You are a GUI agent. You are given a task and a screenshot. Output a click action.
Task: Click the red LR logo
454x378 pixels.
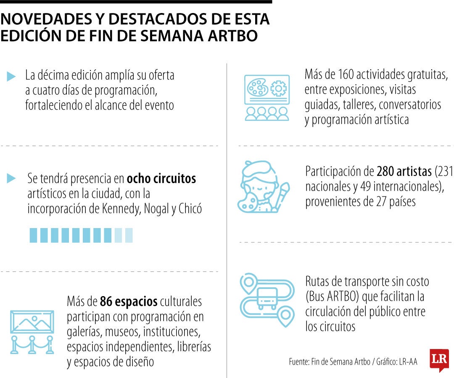pos(439,360)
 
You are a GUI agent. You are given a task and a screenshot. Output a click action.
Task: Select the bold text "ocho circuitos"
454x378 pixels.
pos(161,178)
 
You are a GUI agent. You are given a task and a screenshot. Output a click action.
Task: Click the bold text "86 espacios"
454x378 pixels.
pos(129,301)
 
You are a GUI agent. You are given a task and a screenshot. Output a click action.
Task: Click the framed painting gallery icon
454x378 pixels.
pos(32,328)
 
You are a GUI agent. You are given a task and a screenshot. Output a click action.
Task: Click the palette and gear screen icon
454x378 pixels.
pos(267,97)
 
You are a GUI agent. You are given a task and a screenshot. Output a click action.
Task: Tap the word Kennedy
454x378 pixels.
pos(121,209)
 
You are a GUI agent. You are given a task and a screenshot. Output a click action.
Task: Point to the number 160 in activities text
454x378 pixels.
pos(346,75)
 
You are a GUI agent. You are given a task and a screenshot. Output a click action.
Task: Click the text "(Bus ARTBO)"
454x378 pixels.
pos(333,297)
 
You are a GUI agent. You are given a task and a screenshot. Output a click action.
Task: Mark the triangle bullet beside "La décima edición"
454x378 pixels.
pos(11,76)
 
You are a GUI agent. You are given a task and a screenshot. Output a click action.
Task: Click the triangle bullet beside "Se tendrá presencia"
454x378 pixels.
pos(11,178)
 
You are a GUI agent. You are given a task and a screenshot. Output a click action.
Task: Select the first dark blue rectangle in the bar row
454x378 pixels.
pos(33,235)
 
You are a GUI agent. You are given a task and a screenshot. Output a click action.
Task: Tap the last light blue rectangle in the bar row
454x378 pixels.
pos(129,235)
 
